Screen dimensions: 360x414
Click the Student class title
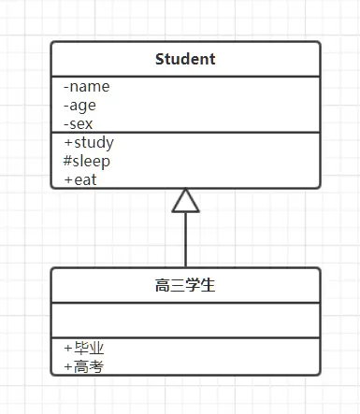click(185, 60)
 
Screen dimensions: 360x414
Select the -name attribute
click(86, 87)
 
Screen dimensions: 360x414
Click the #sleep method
click(88, 161)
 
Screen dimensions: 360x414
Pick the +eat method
click(81, 179)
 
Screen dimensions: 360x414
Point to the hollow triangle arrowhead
click(186, 201)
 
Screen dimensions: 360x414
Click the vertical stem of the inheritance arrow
click(186, 241)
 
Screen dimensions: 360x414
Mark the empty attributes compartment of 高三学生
click(185, 320)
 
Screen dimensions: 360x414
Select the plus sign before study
click(68, 143)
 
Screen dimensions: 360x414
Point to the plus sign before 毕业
click(68, 349)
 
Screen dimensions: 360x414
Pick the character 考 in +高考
click(95, 366)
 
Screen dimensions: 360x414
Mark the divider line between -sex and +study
click(185, 133)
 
